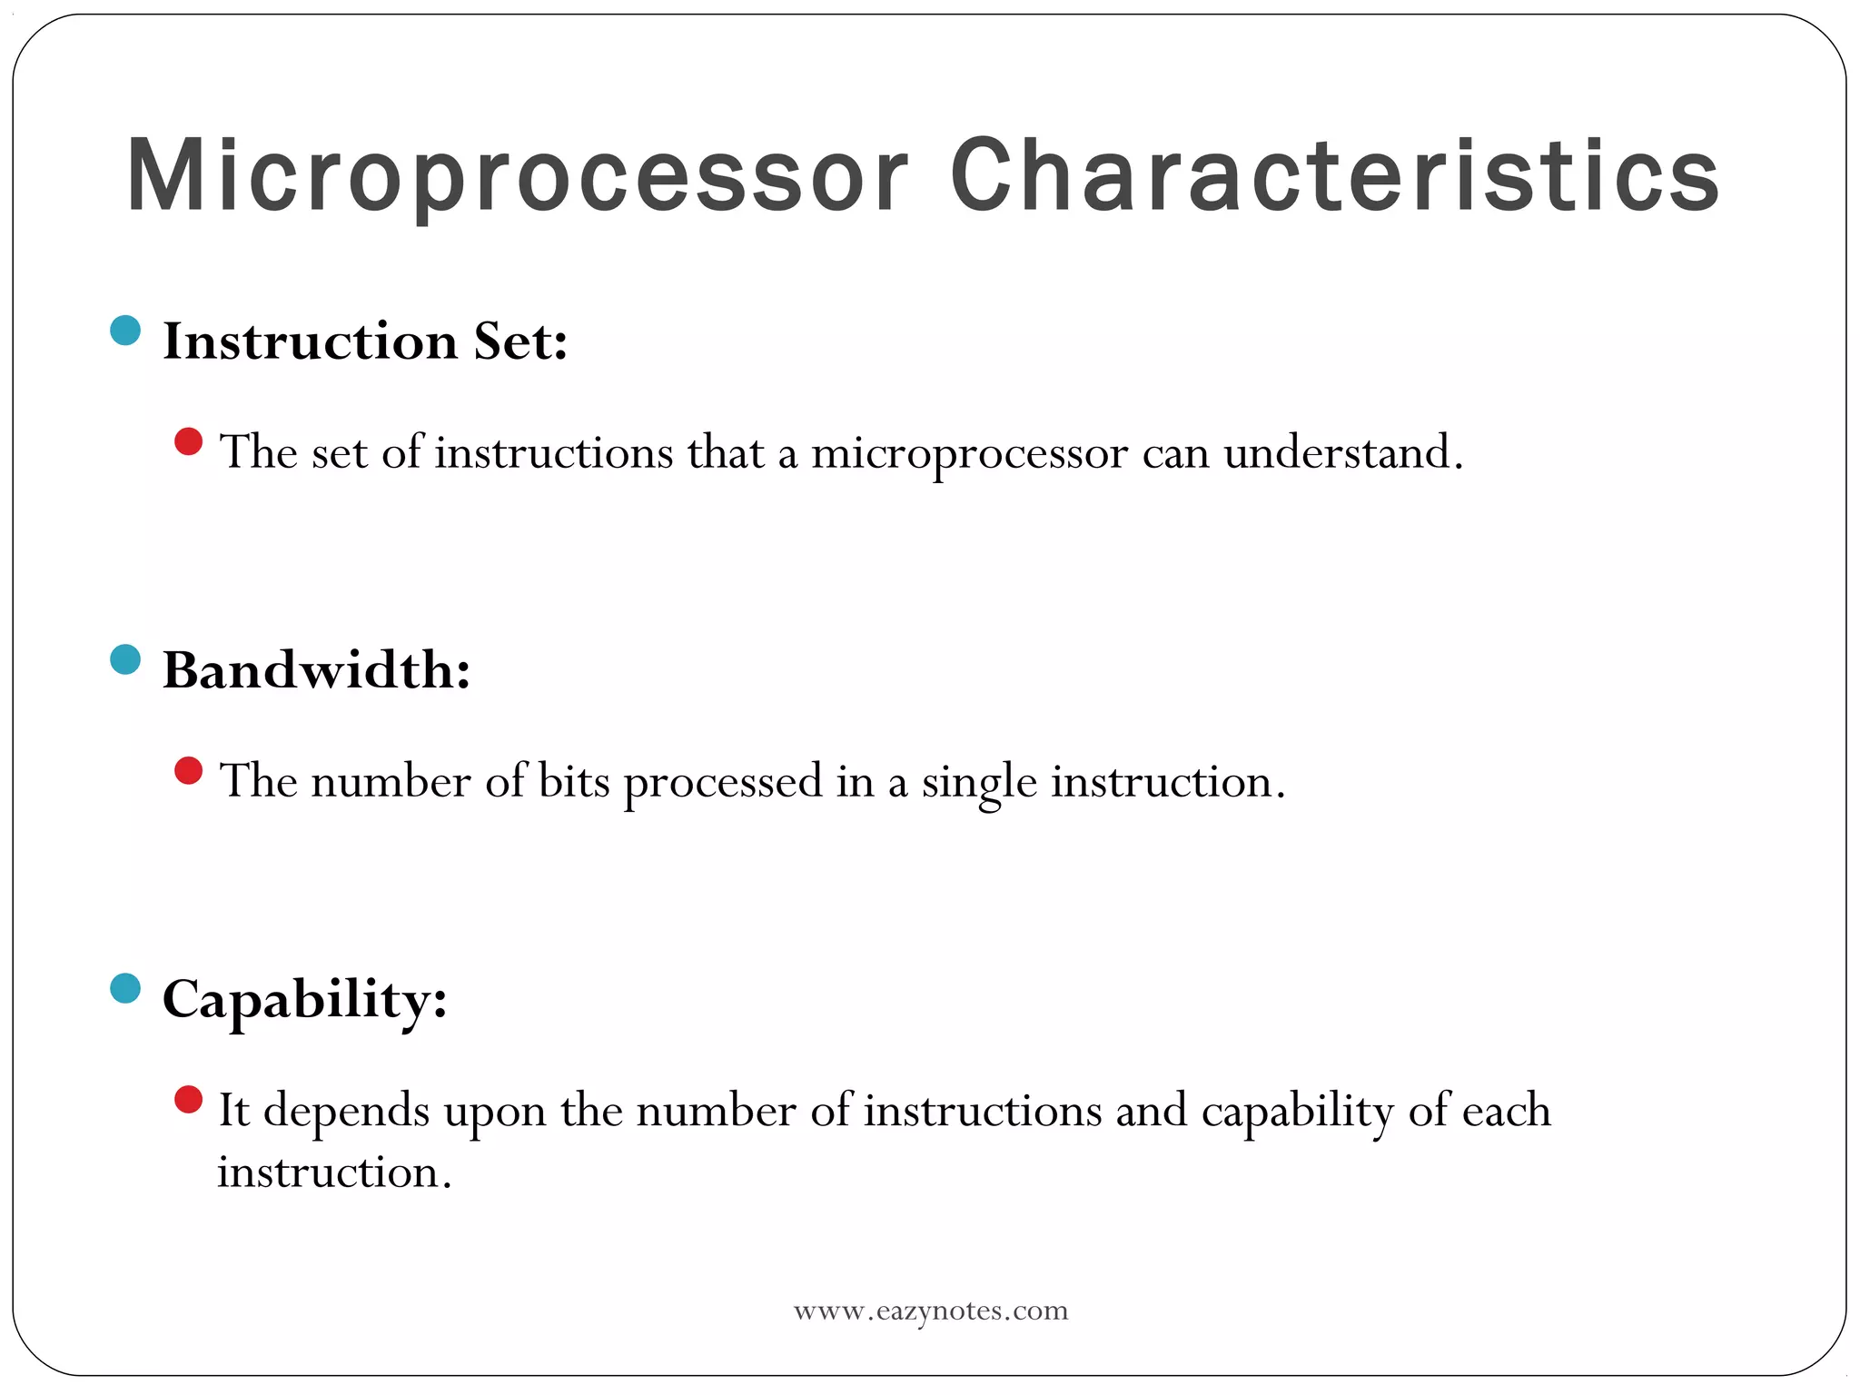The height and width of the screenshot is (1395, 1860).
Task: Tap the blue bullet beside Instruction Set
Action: pos(125,330)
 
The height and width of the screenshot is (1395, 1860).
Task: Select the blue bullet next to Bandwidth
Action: pos(125,659)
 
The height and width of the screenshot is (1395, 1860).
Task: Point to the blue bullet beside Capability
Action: pos(125,988)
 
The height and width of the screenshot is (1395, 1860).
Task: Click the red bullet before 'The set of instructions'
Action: pos(188,442)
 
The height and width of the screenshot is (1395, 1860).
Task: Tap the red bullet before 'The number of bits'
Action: pos(188,771)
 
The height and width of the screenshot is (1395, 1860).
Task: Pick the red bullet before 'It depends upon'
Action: pos(188,1100)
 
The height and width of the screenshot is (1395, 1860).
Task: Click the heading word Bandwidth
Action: pos(315,671)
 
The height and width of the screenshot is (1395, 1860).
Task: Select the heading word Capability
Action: pos(304,1000)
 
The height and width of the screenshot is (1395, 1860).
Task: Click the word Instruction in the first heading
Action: pos(310,342)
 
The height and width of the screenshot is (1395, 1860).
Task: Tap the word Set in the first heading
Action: pos(520,342)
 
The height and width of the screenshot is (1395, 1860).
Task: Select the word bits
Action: pos(574,781)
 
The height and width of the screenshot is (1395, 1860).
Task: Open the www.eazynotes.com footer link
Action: pos(931,1311)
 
